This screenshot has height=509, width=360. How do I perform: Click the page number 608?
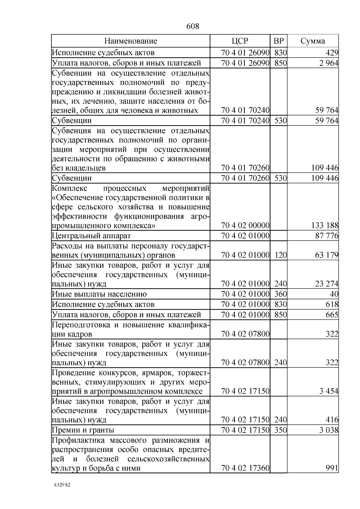pyautogui.click(x=193, y=26)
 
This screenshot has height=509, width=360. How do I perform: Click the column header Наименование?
pyautogui.click(x=130, y=41)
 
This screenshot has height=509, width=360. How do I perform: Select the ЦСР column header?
pyautogui.click(x=240, y=41)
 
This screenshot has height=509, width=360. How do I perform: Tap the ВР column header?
pyautogui.click(x=278, y=41)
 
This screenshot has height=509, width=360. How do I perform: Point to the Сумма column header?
pyautogui.click(x=313, y=41)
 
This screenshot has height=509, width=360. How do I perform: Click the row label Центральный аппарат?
pyautogui.click(x=91, y=236)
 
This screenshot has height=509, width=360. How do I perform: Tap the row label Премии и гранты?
pyautogui.click(x=83, y=430)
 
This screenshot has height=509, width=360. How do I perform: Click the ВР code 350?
pyautogui.click(x=280, y=430)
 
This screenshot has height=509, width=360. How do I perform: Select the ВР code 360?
pyautogui.click(x=280, y=294)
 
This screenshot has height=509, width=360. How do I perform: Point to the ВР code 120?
pyautogui.click(x=280, y=255)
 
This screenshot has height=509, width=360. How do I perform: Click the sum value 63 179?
pyautogui.click(x=327, y=255)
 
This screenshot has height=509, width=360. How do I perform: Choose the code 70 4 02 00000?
pyautogui.click(x=245, y=226)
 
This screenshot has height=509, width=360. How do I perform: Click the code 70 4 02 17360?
pyautogui.click(x=245, y=468)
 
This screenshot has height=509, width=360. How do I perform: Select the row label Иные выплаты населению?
pyautogui.click(x=99, y=294)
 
